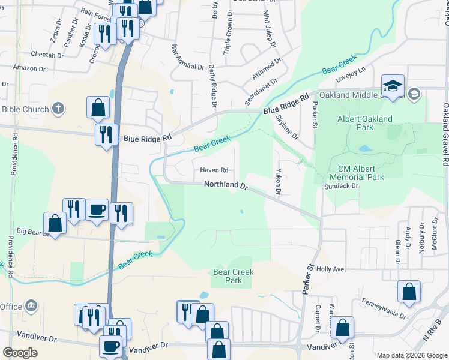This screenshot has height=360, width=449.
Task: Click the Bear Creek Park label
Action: (234, 276)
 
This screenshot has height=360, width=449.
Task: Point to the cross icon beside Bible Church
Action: (58, 109)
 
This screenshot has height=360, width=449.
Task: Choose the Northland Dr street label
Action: (226, 186)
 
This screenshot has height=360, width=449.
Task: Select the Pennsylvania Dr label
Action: (383, 307)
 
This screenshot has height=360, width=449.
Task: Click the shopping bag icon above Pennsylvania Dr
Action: (409, 292)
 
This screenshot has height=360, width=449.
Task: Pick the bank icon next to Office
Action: (32, 307)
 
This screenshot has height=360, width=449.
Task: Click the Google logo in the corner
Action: (20, 352)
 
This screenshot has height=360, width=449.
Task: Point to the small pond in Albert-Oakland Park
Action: (364, 148)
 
